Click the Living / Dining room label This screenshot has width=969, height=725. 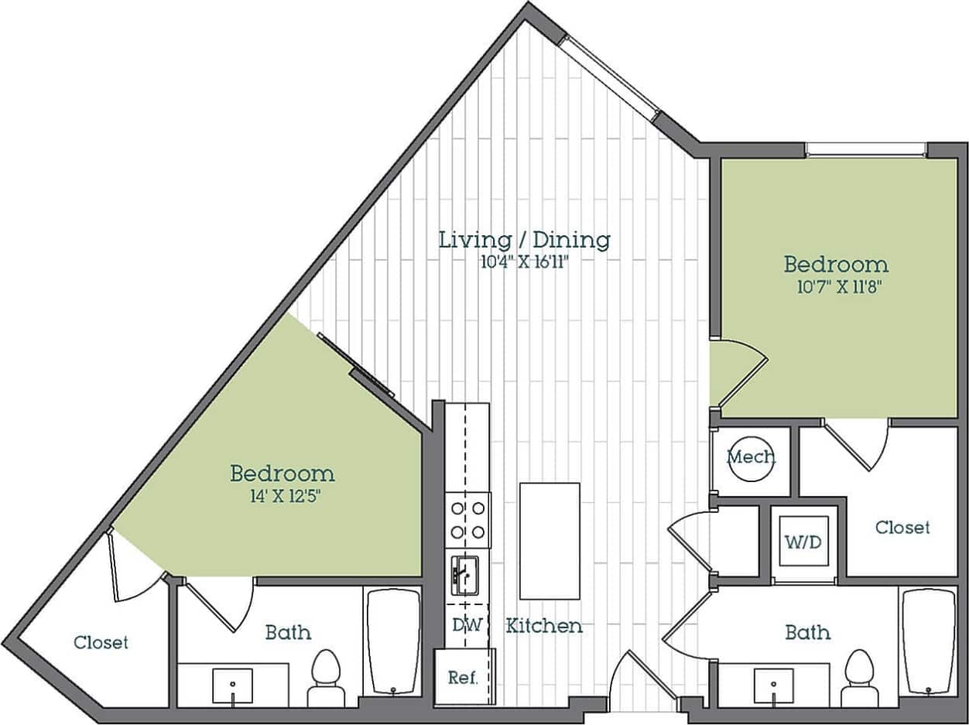[x=525, y=239]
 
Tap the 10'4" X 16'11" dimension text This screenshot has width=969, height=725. [x=525, y=261]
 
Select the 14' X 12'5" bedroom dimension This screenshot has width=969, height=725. [x=282, y=495]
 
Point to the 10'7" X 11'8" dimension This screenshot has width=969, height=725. [x=836, y=287]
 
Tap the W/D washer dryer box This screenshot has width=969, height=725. [x=803, y=541]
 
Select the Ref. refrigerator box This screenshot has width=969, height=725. [x=463, y=678]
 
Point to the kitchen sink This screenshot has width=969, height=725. [x=465, y=575]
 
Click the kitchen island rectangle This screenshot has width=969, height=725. [x=550, y=540]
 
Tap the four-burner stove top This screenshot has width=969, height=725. [x=468, y=519]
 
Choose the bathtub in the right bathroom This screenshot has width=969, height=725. [x=929, y=642]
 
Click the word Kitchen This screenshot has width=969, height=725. [x=544, y=625]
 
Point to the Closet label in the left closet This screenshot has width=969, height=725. [x=101, y=642]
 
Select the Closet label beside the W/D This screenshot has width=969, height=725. [x=902, y=527]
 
